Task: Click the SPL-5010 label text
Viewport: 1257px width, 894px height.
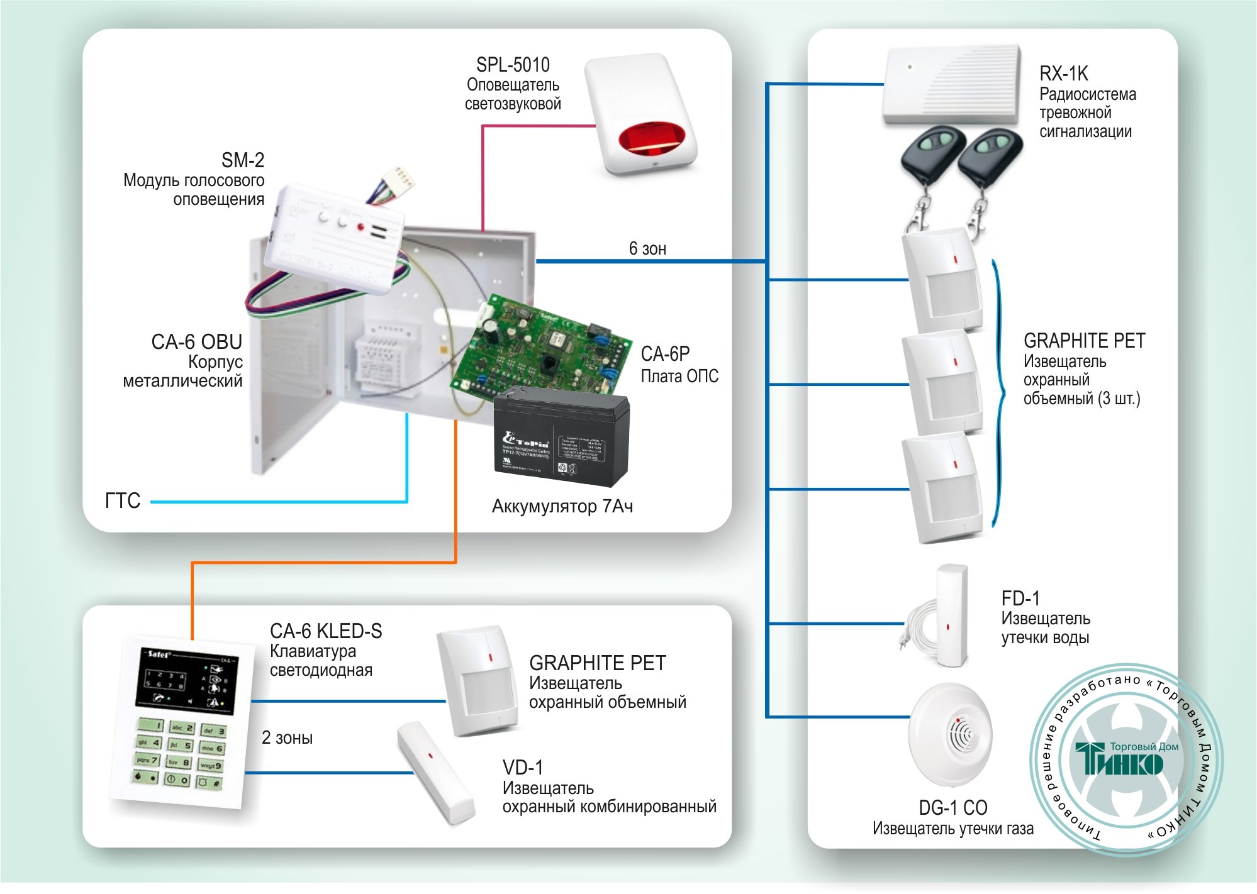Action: pyautogui.click(x=513, y=65)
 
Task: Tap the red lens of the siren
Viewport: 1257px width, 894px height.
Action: pyautogui.click(x=651, y=139)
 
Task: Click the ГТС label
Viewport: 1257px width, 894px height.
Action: pyautogui.click(x=123, y=501)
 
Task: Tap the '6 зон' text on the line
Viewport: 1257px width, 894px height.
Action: pyautogui.click(x=647, y=249)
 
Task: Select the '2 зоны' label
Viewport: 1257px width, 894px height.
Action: pyautogui.click(x=287, y=737)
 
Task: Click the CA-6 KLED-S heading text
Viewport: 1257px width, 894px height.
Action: pyautogui.click(x=326, y=631)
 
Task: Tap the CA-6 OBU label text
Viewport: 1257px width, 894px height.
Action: pyautogui.click(x=196, y=342)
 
